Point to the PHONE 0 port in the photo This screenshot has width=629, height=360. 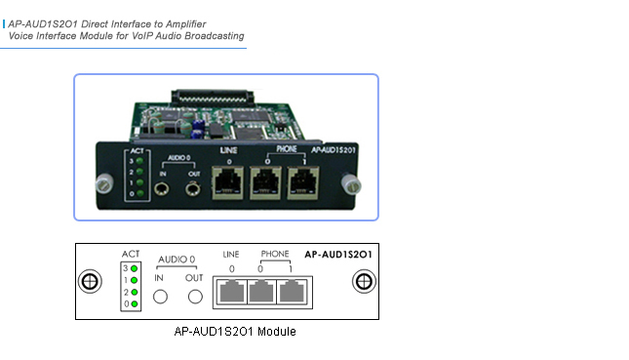[268, 180]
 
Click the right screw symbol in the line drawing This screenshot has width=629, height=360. [363, 282]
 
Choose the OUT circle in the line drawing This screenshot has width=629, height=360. [196, 297]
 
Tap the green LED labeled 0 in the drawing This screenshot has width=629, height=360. [134, 303]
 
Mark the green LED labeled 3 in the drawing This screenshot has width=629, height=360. [134, 267]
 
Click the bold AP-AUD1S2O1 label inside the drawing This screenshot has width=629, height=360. [342, 254]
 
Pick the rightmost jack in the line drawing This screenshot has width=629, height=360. [298, 292]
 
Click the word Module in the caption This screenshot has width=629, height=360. [275, 332]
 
